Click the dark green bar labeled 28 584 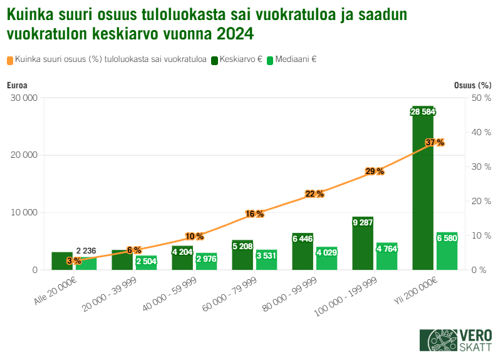423,188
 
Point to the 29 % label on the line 375,171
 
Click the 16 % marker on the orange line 254,213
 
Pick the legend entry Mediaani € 291,60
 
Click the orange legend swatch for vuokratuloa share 11,61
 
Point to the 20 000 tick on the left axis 24,155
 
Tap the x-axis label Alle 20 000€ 56,291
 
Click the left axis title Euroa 17,85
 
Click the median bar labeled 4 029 326,258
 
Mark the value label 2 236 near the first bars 86,251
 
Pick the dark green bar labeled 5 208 242,255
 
